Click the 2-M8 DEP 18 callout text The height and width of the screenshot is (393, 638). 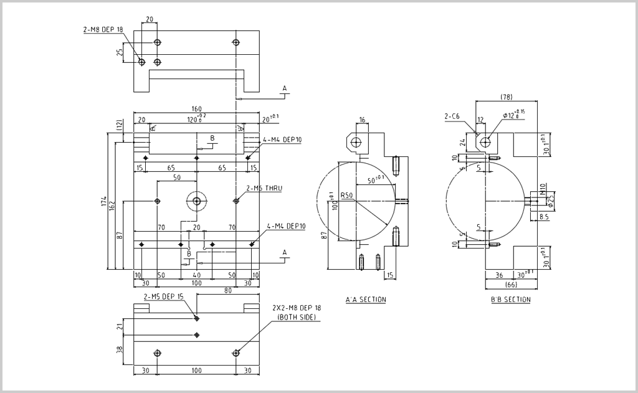103,29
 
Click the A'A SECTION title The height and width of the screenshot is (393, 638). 366,300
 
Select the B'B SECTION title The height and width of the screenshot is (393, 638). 510,300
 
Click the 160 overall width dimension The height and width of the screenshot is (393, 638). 196,109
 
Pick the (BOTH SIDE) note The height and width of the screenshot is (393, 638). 297,317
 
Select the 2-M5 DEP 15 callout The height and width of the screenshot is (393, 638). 164,296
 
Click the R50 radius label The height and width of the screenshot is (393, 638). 347,195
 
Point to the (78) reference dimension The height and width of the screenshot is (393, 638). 507,97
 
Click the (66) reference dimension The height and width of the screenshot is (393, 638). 511,285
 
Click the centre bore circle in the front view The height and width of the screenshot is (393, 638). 197,201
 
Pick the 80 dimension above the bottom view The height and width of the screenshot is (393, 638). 227,290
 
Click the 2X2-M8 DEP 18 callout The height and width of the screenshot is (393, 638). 297,308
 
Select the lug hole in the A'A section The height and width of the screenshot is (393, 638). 356,142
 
